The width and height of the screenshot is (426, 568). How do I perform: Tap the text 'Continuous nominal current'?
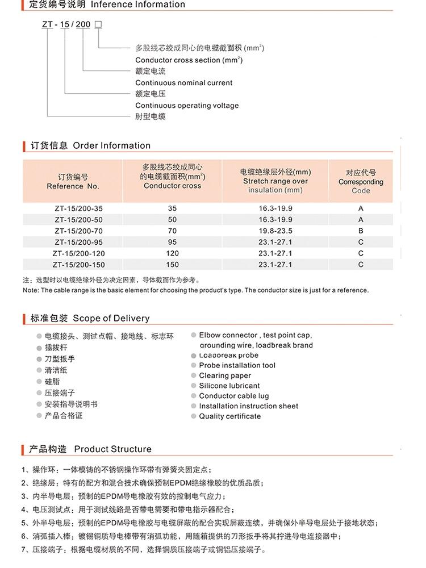point(183,83)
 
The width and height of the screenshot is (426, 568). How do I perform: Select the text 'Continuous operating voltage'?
point(187,106)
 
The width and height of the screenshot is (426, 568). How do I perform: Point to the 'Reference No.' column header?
point(73,186)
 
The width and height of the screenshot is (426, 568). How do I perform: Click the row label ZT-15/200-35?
point(79,208)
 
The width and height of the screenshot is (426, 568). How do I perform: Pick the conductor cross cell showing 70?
point(173,231)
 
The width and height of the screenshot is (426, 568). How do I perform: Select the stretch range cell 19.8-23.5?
point(275,231)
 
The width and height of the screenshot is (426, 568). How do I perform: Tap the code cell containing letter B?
point(361,231)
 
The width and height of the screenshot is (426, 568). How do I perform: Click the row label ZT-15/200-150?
point(79,265)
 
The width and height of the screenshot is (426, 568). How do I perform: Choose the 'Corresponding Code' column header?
point(361,182)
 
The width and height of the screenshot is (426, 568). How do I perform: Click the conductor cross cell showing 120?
point(173,253)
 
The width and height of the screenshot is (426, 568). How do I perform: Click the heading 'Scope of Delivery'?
point(111,318)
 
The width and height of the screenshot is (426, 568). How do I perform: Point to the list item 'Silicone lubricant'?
point(229,386)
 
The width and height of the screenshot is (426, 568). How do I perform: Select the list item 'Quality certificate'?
point(230,416)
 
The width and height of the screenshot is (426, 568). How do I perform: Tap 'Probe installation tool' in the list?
point(237,365)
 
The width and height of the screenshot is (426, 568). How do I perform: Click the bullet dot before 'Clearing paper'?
point(194,376)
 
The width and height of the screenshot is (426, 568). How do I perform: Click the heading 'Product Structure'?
point(113,449)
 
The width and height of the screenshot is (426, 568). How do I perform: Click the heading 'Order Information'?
point(112,145)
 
